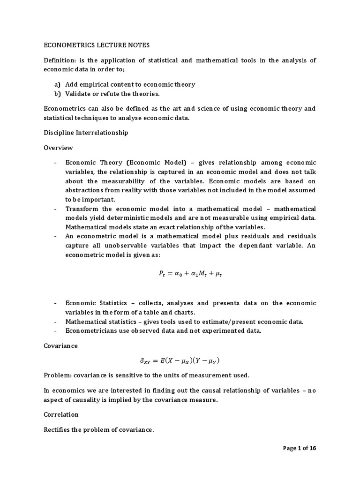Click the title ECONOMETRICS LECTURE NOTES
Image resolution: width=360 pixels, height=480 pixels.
click(x=97, y=45)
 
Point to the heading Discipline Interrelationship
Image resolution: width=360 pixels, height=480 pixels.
click(x=86, y=133)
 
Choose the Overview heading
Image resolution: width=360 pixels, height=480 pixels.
click(x=58, y=148)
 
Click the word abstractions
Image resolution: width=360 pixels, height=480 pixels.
click(x=86, y=190)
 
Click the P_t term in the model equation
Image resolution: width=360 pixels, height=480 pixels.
click(x=162, y=275)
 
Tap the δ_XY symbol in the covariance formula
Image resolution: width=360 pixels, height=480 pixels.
click(x=147, y=361)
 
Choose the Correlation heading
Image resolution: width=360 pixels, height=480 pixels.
click(x=61, y=414)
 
